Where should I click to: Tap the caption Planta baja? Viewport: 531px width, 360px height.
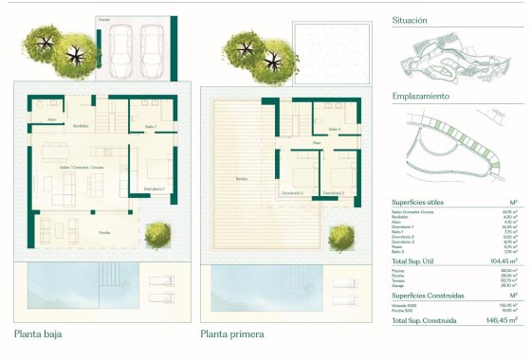click(x=40, y=333)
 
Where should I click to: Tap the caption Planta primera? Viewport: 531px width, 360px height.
click(x=232, y=333)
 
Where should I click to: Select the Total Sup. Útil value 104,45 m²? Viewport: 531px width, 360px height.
click(x=501, y=260)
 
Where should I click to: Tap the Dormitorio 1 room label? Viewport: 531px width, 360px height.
click(x=155, y=189)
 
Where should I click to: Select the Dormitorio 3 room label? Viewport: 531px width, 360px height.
click(x=292, y=192)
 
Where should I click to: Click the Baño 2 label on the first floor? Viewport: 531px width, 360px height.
click(x=334, y=128)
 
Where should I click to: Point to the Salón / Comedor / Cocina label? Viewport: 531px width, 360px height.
click(x=82, y=167)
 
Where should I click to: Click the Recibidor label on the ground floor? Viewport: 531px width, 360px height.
click(x=81, y=125)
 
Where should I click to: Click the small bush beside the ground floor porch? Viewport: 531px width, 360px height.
click(x=156, y=232)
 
